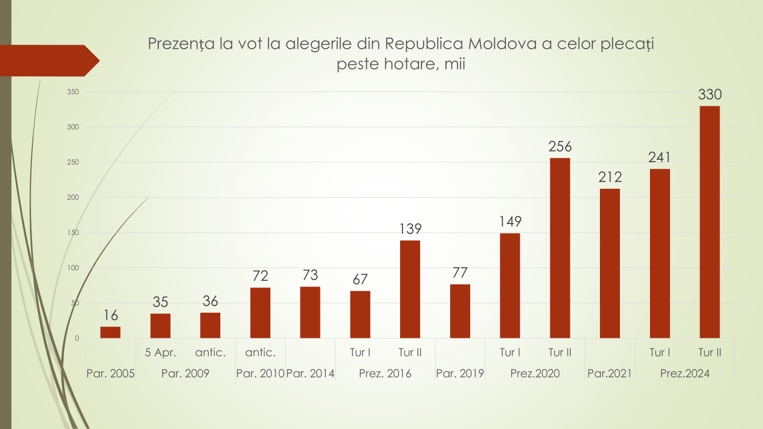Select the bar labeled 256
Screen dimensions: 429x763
tap(560, 248)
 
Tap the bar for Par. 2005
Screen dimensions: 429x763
tap(110, 332)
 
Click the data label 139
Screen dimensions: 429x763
tap(410, 229)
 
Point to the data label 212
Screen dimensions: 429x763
tap(610, 177)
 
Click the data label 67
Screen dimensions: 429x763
tap(360, 279)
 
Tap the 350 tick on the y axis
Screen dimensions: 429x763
tap(73, 92)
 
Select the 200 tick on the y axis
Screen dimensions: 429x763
tap(73, 197)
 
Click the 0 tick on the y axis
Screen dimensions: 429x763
tap(77, 338)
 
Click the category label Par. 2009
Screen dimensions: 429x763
tap(185, 373)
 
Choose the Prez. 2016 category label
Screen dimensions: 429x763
tap(385, 373)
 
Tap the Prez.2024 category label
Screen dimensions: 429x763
tap(684, 373)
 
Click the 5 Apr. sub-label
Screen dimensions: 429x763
tap(160, 353)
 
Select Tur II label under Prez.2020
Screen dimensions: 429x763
tap(560, 353)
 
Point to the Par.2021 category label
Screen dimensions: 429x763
tap(609, 373)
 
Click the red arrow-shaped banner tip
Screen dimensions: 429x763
tap(93, 61)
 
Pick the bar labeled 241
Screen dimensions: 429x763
tap(660, 253)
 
